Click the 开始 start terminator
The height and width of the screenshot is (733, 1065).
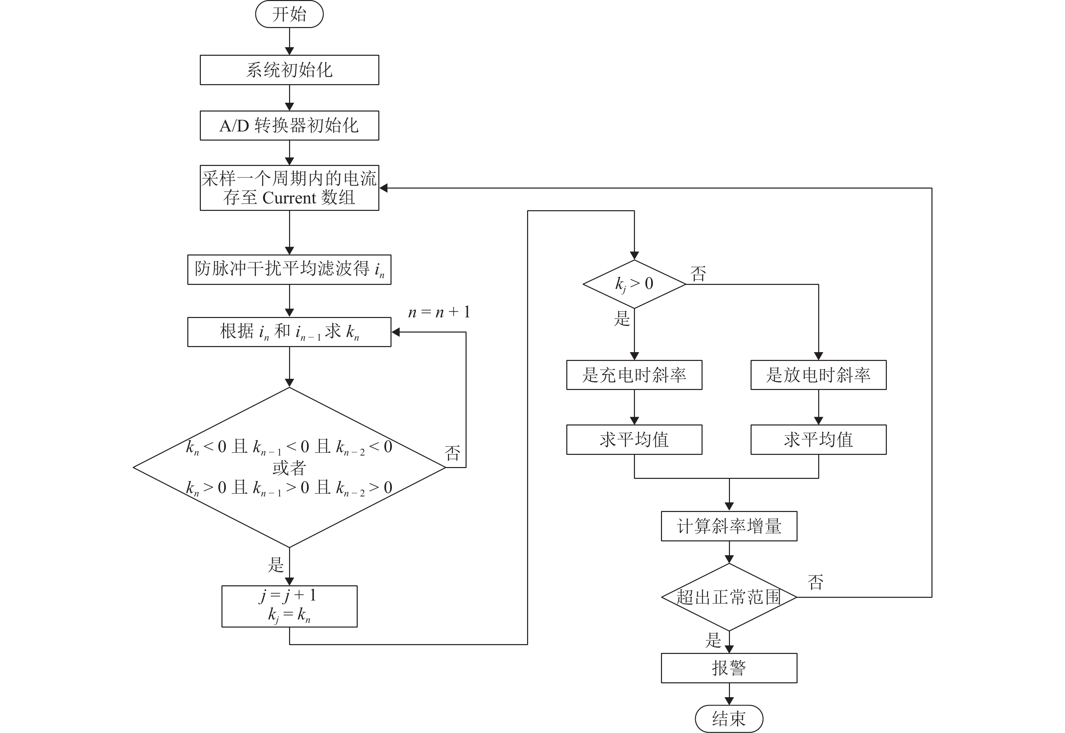point(289,14)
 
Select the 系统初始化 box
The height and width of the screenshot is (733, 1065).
point(289,70)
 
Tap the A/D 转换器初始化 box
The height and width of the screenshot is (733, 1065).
point(289,125)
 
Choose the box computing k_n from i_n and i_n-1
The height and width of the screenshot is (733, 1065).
point(289,332)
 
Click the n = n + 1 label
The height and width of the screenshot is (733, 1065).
point(439,312)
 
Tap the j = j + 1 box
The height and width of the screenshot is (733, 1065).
point(289,606)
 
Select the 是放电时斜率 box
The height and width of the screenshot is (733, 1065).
point(818,375)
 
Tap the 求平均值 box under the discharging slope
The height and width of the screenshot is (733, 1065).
point(818,440)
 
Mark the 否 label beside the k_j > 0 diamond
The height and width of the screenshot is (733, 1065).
point(698,274)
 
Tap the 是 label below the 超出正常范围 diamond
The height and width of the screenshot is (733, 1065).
point(713,640)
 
